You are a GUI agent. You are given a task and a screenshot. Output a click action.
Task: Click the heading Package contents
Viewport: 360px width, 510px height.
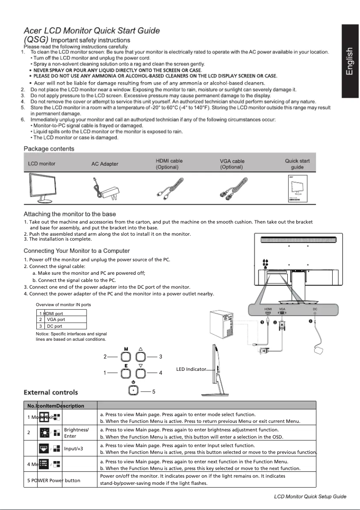tap(49, 149)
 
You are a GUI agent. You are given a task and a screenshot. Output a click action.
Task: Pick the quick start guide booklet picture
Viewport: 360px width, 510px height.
tap(296, 188)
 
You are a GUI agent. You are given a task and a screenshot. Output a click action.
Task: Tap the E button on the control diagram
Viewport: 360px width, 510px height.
tap(126, 373)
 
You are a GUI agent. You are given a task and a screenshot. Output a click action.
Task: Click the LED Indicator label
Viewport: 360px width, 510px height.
tap(191, 369)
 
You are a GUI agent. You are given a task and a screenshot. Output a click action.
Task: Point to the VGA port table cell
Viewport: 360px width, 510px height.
tap(56, 320)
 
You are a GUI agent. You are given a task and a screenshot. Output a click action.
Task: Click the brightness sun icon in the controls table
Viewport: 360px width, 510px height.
tap(44, 433)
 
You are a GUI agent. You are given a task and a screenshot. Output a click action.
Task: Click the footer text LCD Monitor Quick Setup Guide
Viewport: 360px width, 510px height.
tap(310, 496)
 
